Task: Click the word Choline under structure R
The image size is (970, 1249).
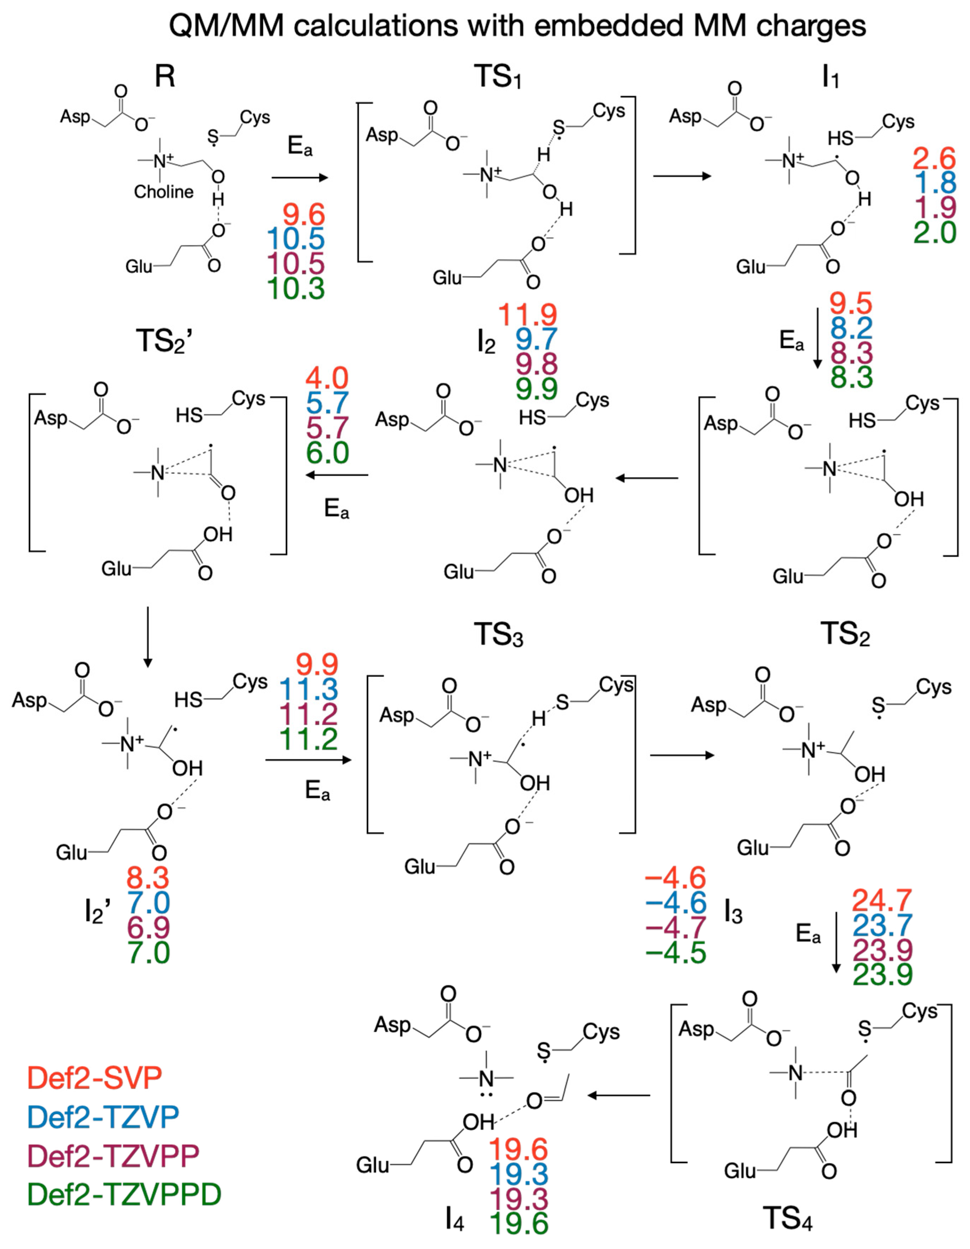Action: pos(164,192)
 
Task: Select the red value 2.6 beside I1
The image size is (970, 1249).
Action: pos(934,158)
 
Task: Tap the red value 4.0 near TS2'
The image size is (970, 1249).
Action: pos(327,378)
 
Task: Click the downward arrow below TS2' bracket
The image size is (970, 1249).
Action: pos(148,637)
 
